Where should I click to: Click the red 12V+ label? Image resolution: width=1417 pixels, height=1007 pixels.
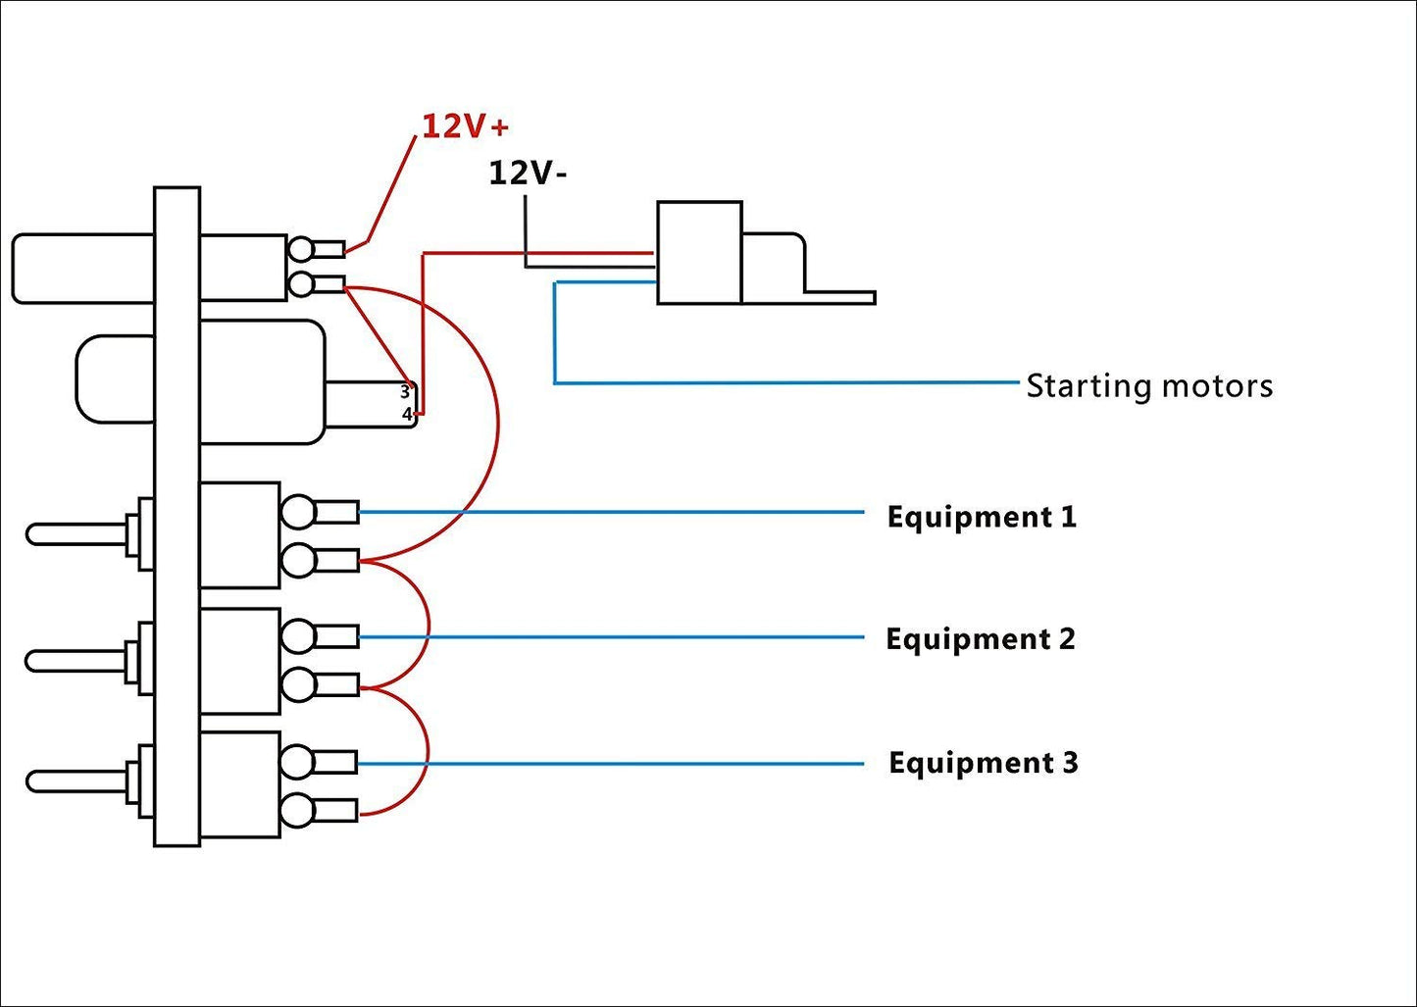click(465, 126)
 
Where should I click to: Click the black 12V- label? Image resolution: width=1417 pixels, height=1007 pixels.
click(528, 174)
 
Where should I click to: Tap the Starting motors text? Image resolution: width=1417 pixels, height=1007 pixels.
click(1149, 385)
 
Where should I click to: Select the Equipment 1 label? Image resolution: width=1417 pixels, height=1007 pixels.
click(982, 517)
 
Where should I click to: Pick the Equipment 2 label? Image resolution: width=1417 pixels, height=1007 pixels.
click(981, 639)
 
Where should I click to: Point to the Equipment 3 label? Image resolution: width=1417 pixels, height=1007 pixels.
click(984, 763)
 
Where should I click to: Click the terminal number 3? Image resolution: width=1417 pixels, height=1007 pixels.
click(404, 391)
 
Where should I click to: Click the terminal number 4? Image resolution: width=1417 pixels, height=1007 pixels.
click(407, 414)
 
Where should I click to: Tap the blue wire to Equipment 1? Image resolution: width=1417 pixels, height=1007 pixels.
click(608, 512)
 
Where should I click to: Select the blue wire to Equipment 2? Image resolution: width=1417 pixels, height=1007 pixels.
click(608, 637)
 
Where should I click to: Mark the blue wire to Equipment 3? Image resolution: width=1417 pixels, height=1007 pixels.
click(608, 764)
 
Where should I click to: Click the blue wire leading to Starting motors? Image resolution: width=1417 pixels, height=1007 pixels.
click(784, 382)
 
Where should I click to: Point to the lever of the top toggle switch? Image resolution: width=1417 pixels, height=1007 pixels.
click(78, 534)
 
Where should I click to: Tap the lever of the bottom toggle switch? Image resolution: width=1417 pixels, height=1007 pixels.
click(78, 781)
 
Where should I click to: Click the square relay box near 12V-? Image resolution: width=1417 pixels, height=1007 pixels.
click(699, 253)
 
